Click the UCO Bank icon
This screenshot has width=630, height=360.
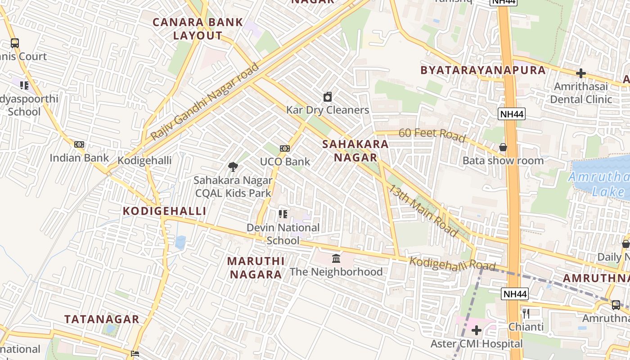point(284,148)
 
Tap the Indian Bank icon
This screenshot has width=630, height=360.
point(79,144)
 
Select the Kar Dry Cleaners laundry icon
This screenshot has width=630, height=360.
point(328,97)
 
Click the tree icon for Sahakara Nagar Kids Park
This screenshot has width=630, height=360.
point(233,167)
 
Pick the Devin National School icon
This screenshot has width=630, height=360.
point(283,214)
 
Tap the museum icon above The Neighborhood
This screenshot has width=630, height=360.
point(336,258)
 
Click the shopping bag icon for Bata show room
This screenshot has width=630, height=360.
point(503,147)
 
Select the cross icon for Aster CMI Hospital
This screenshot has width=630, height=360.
point(477,331)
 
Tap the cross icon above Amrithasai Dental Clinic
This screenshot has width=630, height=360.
point(581,73)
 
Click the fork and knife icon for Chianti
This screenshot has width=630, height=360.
point(526,313)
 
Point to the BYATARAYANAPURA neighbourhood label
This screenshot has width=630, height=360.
point(483,70)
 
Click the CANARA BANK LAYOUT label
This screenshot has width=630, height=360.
point(198,29)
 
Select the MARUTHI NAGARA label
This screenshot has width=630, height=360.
point(256,268)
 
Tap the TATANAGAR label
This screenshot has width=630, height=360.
point(102,319)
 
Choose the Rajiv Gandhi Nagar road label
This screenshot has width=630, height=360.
point(205,102)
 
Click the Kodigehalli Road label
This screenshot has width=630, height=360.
point(452,264)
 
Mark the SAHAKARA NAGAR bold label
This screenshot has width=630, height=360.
point(355,151)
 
